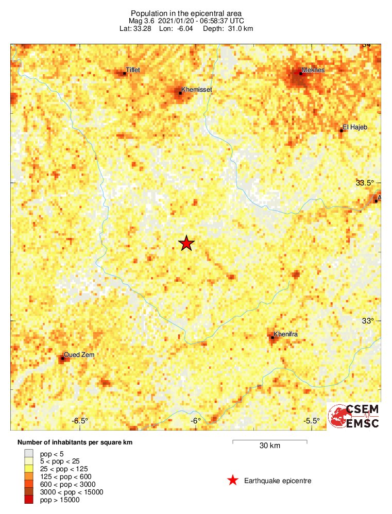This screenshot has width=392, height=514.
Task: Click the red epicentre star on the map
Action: (x=186, y=244)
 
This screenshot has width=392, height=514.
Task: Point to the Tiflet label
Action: (x=133, y=70)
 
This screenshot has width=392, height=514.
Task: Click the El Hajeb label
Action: (x=355, y=127)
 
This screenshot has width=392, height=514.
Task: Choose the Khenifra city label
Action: (x=286, y=334)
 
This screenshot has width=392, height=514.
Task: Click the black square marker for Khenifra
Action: (x=272, y=337)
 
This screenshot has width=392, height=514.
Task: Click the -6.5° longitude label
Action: (x=80, y=421)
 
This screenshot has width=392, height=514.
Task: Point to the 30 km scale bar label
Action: (x=270, y=446)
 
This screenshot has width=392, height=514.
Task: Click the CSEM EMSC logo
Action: (x=354, y=416)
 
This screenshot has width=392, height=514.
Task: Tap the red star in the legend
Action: (x=233, y=481)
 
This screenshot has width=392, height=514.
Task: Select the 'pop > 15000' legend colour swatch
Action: (x=29, y=500)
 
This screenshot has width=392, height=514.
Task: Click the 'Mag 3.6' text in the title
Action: (x=142, y=21)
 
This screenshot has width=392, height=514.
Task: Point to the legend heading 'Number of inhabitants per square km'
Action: (x=79, y=442)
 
